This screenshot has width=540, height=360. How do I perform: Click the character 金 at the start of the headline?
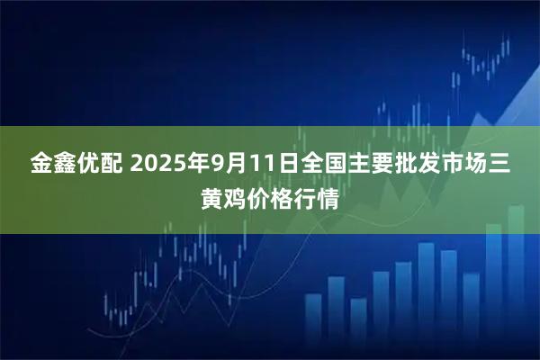click(x=42, y=165)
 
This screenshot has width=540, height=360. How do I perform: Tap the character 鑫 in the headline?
click(x=67, y=165)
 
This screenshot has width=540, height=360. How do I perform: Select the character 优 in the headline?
click(x=93, y=165)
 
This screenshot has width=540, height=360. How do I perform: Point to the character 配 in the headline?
click(x=118, y=165)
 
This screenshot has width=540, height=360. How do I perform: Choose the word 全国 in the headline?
click(x=338, y=165)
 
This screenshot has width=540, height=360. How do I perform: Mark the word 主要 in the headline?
click(x=389, y=165)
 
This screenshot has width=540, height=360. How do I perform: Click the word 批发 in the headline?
click(x=439, y=165)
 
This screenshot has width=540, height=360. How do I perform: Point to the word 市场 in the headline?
click(x=477, y=165)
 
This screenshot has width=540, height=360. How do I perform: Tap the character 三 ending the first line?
click(x=502, y=165)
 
